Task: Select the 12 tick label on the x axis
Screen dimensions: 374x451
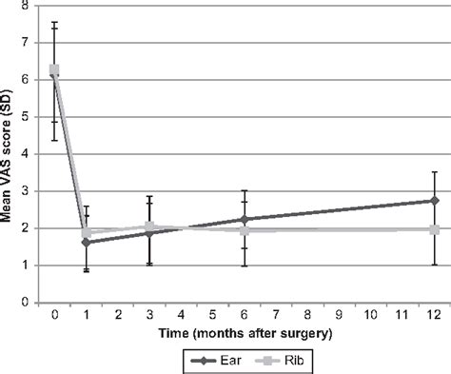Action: point(435,315)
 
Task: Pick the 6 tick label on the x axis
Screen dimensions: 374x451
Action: point(245,315)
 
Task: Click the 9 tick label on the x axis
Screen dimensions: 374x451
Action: point(340,315)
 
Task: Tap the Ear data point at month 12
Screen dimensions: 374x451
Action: point(435,201)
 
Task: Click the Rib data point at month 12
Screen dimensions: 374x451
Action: point(435,230)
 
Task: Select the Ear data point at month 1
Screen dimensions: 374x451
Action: point(87,243)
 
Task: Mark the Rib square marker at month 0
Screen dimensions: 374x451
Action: point(55,70)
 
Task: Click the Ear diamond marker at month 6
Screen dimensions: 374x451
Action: point(245,220)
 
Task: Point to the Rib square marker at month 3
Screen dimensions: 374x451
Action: point(149,227)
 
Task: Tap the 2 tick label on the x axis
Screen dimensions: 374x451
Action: point(118,315)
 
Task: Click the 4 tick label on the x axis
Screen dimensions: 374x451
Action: point(181,315)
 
